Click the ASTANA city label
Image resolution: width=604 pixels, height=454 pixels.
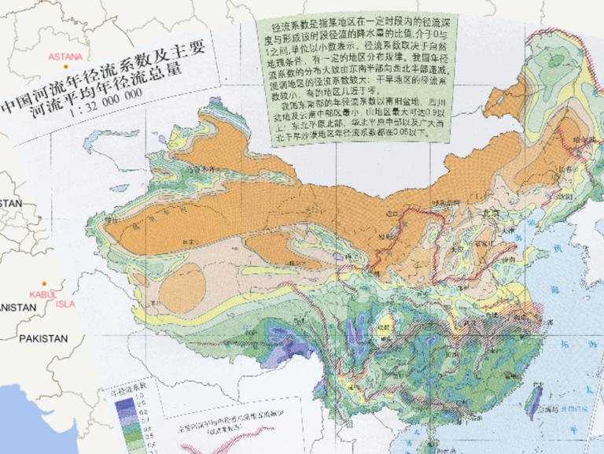tap(65, 57)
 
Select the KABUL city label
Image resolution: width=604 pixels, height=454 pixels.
tap(41, 293)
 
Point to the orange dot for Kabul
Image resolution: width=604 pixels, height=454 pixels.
tap(46, 284)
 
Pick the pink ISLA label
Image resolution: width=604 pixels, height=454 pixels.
tap(65, 303)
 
